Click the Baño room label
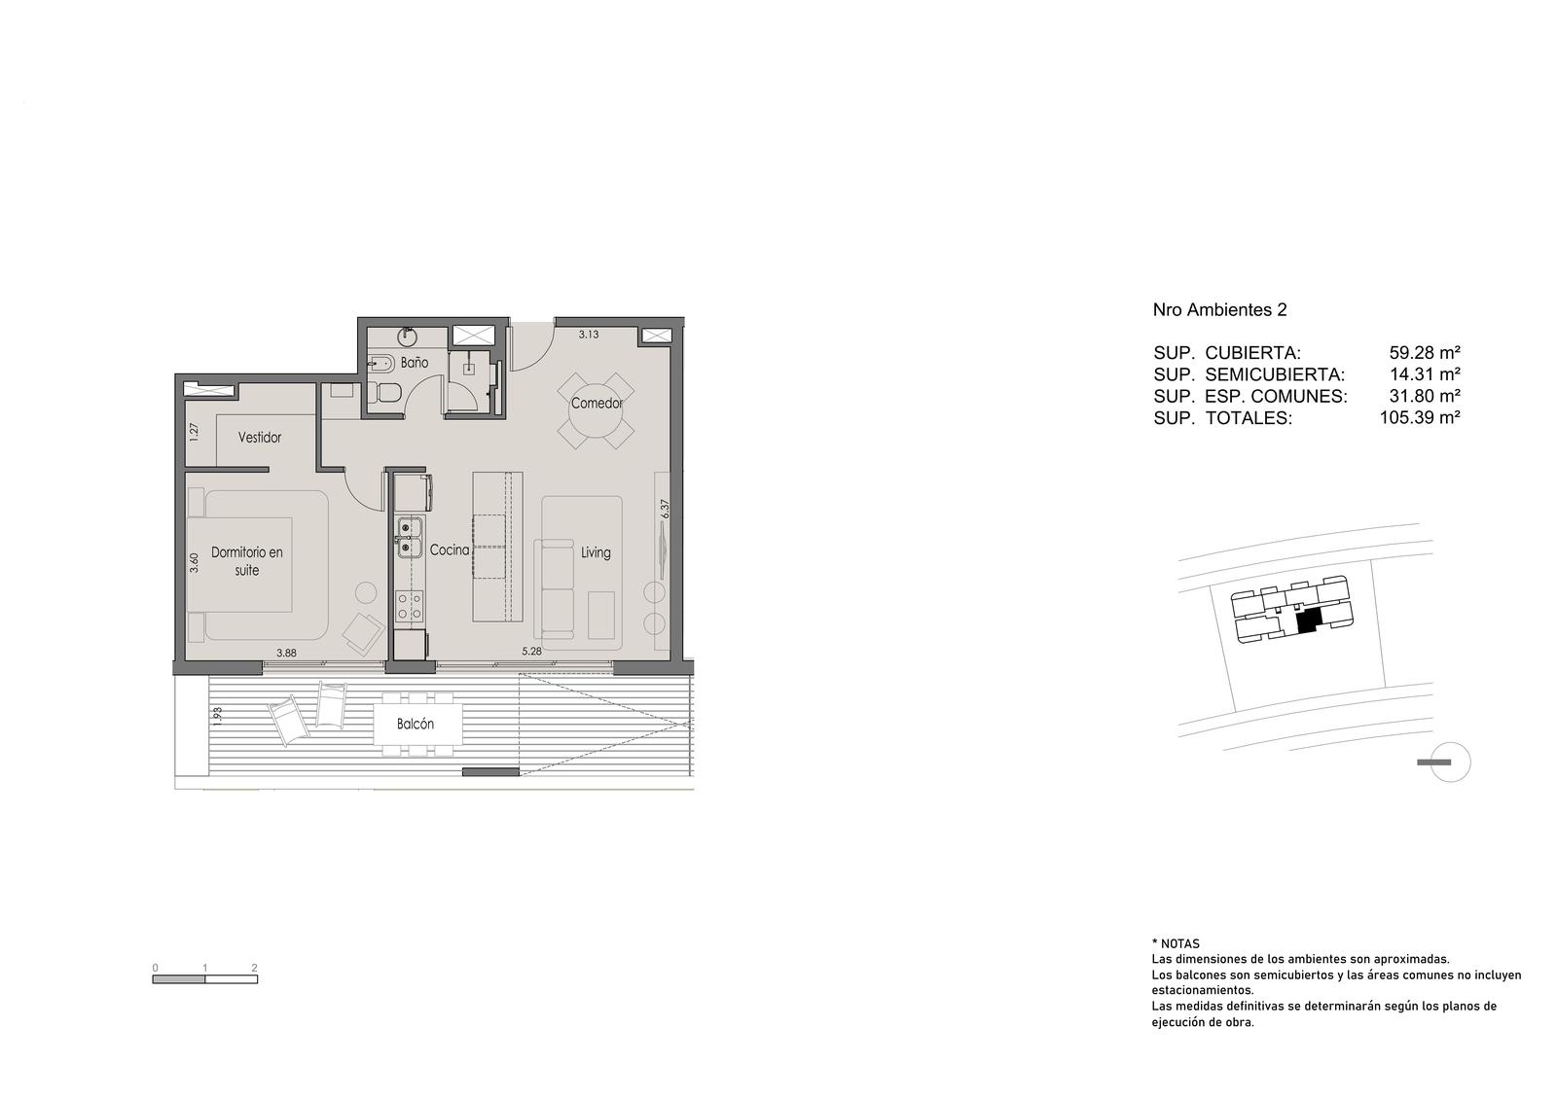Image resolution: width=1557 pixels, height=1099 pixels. tap(415, 363)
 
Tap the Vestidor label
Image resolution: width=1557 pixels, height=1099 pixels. tap(259, 438)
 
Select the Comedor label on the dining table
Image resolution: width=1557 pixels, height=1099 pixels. tap(597, 403)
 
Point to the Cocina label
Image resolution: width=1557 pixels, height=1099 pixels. tap(449, 550)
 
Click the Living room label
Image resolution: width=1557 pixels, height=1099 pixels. tap(596, 553)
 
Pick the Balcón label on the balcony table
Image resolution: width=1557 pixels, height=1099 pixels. tap(415, 724)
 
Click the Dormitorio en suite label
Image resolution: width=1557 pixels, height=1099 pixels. tap(247, 561)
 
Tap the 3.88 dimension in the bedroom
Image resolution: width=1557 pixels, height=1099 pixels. tap(286, 653)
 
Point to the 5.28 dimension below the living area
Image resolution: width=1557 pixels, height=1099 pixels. tap(531, 652)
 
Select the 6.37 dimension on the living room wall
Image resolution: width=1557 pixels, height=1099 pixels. tap(666, 510)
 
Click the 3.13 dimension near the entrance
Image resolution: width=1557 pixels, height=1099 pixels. tap(588, 335)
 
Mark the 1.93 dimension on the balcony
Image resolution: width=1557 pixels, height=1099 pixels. tap(218, 716)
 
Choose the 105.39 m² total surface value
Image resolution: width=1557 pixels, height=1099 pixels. tap(1420, 417)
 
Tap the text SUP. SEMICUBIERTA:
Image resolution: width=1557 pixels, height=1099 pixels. tap(1249, 374)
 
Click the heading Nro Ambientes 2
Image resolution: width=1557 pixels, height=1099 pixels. tap(1220, 310)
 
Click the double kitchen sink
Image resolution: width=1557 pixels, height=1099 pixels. tap(410, 538)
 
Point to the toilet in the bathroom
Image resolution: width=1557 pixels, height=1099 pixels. tap(383, 393)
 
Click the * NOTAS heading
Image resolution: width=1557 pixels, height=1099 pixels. tap(1176, 944)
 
